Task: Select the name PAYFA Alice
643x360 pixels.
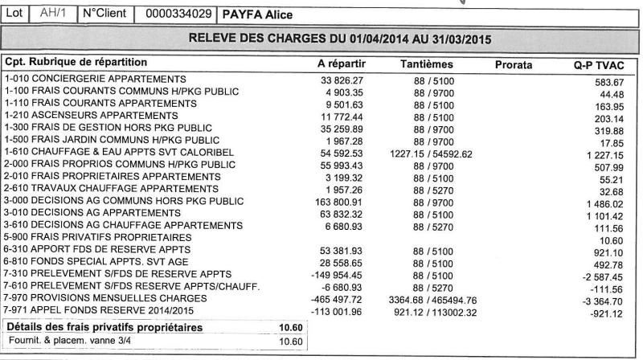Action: coord(257,14)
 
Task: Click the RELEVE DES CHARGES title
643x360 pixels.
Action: coord(339,39)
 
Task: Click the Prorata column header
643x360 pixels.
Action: coord(514,63)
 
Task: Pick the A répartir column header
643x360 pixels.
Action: coord(343,63)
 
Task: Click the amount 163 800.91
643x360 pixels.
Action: coord(338,201)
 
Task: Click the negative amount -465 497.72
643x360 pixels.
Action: coord(338,297)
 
